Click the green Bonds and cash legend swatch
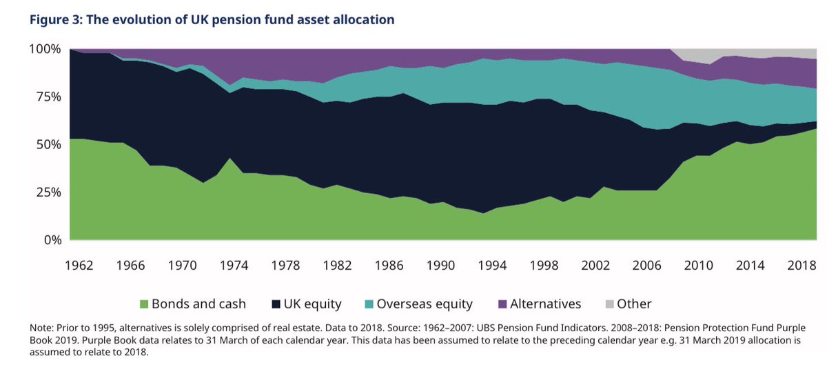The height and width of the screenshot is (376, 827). click(143, 304)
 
